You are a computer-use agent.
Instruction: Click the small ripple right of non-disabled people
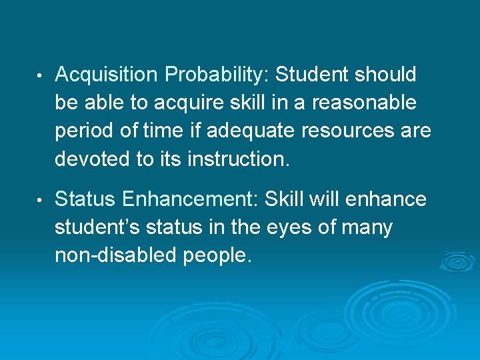[458, 261]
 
